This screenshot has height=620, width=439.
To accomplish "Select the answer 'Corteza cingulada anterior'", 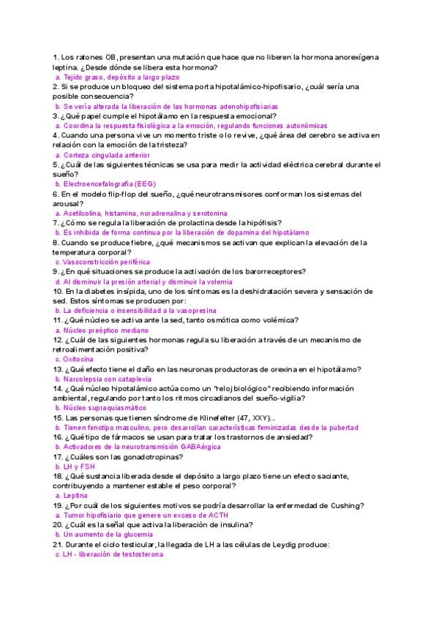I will click(107, 155).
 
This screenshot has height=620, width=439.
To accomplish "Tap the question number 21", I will click(57, 545).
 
